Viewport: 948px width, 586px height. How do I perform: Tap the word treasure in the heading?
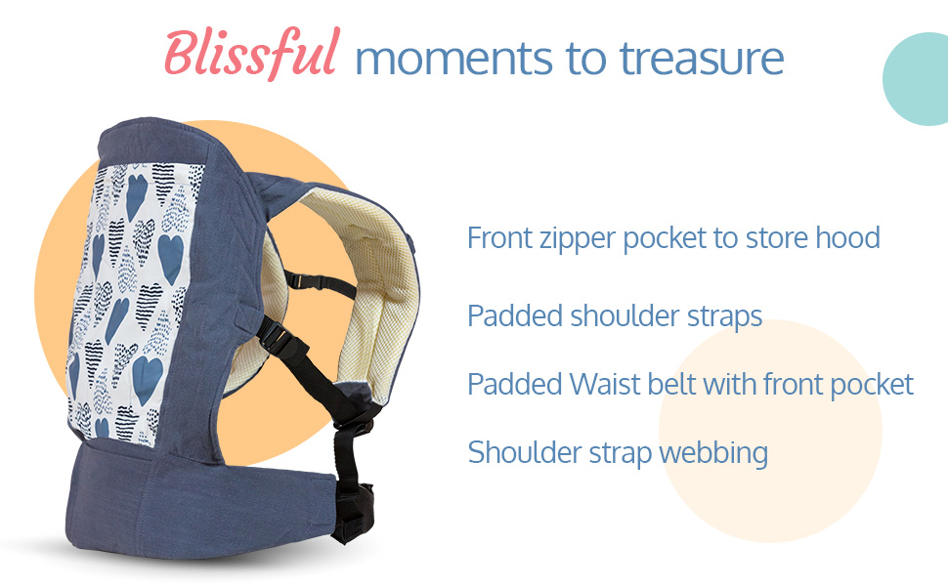(702, 59)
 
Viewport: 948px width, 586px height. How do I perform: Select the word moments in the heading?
(454, 60)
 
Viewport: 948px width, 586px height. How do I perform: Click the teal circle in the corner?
(916, 78)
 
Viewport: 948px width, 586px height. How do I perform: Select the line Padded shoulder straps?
(615, 316)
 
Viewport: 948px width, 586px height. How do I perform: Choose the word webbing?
(713, 453)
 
